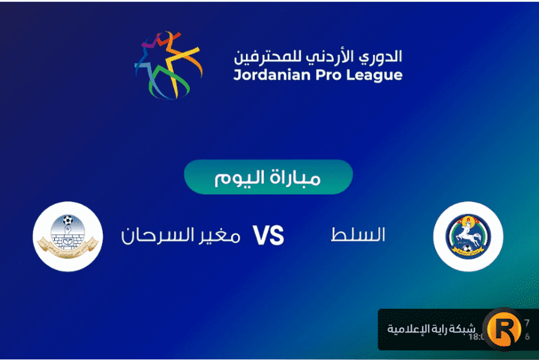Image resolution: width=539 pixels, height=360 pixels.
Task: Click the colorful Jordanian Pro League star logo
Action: (167, 65)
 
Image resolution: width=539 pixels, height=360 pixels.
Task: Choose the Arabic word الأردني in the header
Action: (329, 56)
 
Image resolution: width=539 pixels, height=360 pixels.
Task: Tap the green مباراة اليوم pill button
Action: (268, 177)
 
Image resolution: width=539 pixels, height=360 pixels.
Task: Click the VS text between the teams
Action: (268, 236)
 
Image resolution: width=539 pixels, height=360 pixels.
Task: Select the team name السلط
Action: (358, 235)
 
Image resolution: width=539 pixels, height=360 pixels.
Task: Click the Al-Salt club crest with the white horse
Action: (468, 236)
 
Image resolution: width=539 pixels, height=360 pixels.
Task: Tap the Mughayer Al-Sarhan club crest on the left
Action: (68, 236)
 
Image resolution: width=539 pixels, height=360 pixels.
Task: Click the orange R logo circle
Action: (503, 328)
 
